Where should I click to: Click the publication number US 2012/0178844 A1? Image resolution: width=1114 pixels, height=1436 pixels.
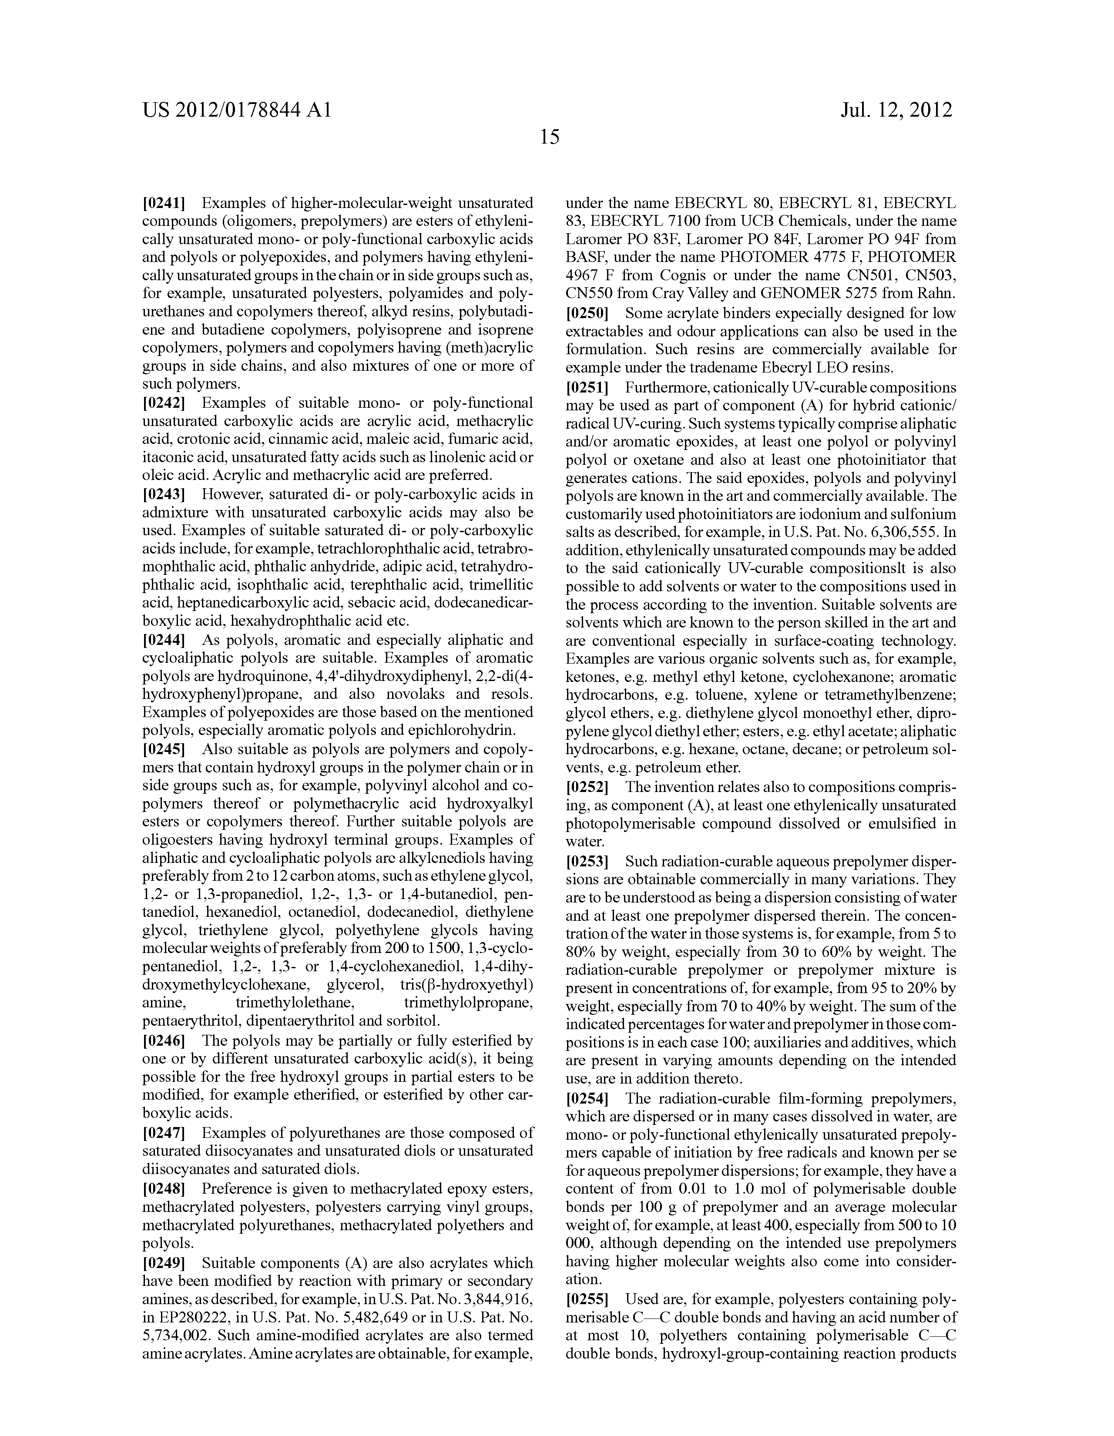pos(236,110)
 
